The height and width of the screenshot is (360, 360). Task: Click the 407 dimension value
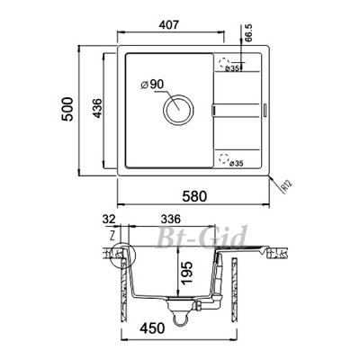coord(168,25)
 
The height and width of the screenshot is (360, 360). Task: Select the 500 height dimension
coord(67,109)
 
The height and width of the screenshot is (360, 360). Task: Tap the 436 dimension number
coord(97,108)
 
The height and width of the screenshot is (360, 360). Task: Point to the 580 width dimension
coord(195,196)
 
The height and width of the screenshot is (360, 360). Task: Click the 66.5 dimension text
coord(248,32)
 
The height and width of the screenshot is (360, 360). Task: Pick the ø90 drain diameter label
coord(152,85)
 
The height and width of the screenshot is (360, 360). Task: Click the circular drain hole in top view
coord(178,110)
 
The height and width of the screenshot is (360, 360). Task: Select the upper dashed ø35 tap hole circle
coord(224,62)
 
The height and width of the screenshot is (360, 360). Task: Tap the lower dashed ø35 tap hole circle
coord(223,157)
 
